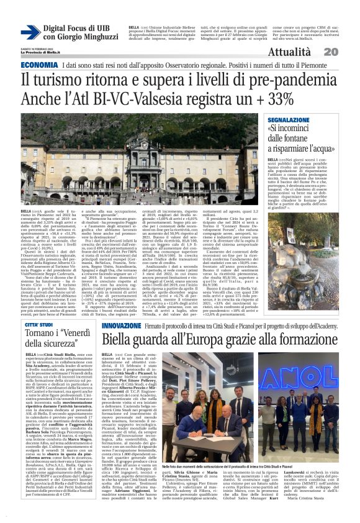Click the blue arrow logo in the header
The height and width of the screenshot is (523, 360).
(30, 32)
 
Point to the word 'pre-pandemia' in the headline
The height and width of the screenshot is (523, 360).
(289, 80)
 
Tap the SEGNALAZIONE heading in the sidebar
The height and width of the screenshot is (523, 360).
(291, 119)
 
